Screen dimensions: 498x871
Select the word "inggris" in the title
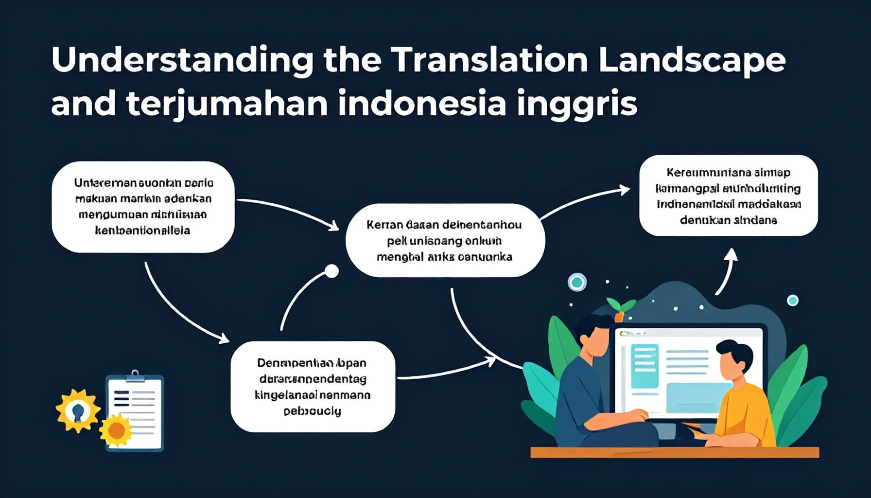coord(577,104)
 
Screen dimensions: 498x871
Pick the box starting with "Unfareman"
coord(143,207)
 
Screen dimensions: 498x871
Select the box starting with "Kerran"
coord(445,240)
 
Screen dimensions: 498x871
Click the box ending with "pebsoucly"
coord(313,387)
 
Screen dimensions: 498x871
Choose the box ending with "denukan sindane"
coord(728,196)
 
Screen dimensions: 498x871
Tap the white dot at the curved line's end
coord(331,271)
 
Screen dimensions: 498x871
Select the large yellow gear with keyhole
coord(78,411)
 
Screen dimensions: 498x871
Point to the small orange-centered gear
coord(116,430)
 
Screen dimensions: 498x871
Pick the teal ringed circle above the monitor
coord(577,282)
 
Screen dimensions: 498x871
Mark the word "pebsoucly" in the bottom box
coord(312,411)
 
